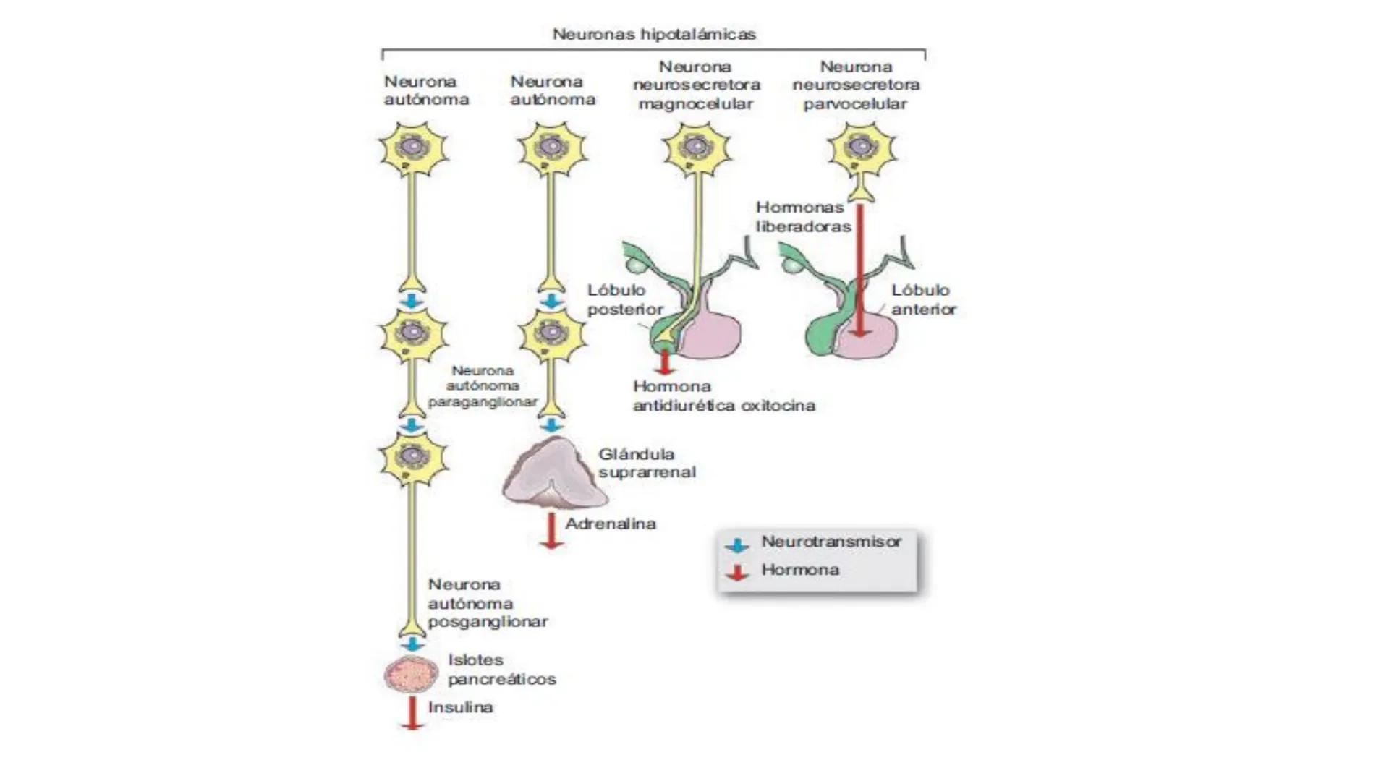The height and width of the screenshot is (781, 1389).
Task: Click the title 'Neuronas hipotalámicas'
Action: (x=654, y=34)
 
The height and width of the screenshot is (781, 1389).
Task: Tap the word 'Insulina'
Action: (x=460, y=707)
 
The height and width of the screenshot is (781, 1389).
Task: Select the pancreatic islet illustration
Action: (x=411, y=675)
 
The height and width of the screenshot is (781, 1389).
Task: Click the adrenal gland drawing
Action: (x=554, y=474)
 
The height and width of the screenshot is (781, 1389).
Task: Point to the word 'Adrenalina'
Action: (x=611, y=524)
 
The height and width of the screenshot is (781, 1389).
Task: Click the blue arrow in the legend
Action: (x=736, y=545)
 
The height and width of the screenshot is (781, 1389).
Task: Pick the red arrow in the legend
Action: (x=736, y=573)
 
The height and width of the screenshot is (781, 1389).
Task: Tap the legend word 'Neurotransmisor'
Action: (x=831, y=542)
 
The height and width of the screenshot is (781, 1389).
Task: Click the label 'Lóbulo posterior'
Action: (x=625, y=299)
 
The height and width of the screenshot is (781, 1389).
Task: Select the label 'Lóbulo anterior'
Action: (x=923, y=299)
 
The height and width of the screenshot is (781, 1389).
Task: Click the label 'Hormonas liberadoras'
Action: (x=803, y=217)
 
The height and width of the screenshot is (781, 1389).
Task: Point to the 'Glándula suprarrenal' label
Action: (x=646, y=463)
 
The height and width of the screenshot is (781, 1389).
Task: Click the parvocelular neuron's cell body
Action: (x=861, y=150)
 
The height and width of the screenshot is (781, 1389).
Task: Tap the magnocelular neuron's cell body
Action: (x=696, y=150)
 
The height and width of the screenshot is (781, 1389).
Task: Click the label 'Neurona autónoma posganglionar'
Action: (x=487, y=602)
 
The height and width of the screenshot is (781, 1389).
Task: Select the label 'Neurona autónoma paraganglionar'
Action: (x=483, y=386)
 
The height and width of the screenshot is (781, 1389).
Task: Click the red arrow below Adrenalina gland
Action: (x=551, y=531)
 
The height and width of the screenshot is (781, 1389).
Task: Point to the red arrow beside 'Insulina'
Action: (x=412, y=713)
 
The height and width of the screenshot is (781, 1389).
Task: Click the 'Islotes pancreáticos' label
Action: (x=501, y=669)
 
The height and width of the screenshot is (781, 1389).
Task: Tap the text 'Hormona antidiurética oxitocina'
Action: (x=723, y=396)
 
